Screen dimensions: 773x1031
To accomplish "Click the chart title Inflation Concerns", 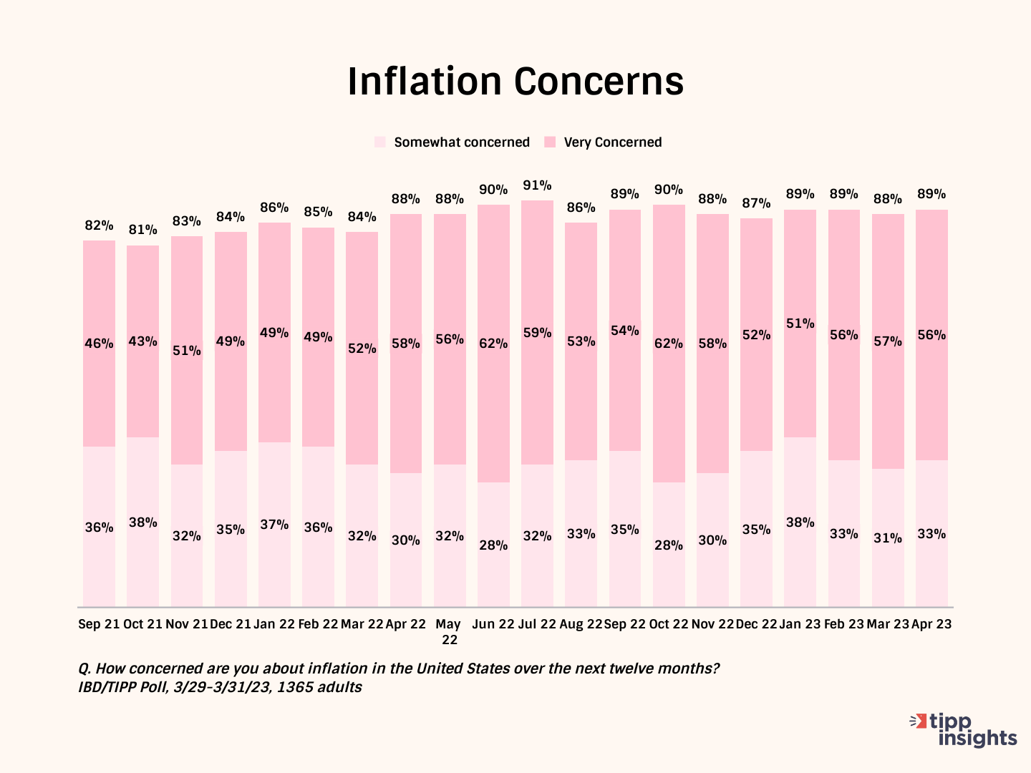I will pyautogui.click(x=515, y=82).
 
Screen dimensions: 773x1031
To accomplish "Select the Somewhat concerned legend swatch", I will pyautogui.click(x=380, y=142).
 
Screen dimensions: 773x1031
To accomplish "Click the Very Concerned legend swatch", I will pyautogui.click(x=550, y=142).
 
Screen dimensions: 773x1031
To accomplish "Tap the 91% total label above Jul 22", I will pyautogui.click(x=537, y=185).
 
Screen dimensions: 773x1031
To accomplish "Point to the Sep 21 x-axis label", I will pyautogui.click(x=99, y=624).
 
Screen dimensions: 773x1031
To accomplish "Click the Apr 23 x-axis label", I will pyautogui.click(x=931, y=624).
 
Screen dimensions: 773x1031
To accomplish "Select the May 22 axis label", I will pyautogui.click(x=449, y=631).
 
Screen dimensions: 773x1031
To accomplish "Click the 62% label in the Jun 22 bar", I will pyautogui.click(x=493, y=344).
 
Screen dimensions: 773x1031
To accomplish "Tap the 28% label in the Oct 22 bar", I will pyautogui.click(x=668, y=545).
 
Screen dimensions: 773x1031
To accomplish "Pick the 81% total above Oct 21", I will pyautogui.click(x=142, y=230).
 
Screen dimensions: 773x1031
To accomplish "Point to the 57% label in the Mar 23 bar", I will pyautogui.click(x=888, y=341).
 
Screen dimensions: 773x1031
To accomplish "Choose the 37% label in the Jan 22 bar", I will pyautogui.click(x=274, y=525).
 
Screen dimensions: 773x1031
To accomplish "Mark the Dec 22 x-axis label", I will pyautogui.click(x=756, y=624).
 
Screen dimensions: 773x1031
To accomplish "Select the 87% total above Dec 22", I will pyautogui.click(x=756, y=203).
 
